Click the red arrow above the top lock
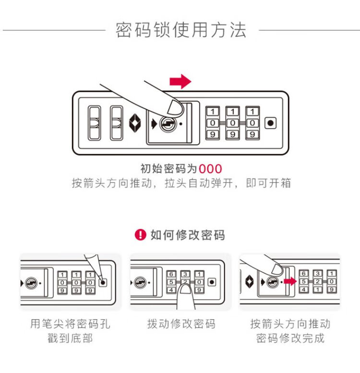180,82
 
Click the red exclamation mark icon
140,235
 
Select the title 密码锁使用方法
181,30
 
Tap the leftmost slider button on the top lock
95,123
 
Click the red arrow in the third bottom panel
289,281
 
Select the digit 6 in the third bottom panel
303,274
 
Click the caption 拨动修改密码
181,324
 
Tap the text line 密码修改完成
290,338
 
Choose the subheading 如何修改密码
187,235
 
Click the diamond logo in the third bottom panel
249,281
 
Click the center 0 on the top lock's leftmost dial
212,123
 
